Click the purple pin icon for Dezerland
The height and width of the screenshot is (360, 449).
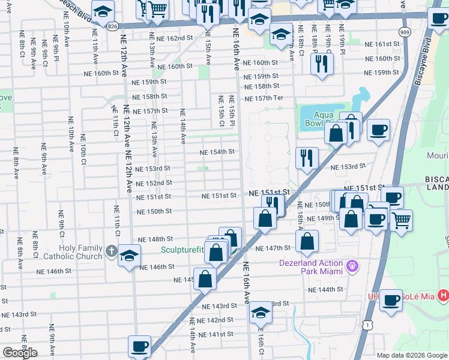(352, 264)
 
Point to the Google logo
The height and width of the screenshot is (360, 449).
(20, 353)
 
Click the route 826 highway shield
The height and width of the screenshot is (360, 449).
(112, 26)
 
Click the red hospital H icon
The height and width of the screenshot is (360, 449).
(443, 295)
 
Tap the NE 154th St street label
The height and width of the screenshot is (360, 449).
(217, 152)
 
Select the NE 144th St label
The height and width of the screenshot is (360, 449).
(327, 289)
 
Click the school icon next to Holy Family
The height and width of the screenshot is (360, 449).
(129, 256)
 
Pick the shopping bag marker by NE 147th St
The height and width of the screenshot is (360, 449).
(307, 242)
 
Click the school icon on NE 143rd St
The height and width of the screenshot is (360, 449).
(261, 313)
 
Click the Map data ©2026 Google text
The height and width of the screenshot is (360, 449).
(412, 355)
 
